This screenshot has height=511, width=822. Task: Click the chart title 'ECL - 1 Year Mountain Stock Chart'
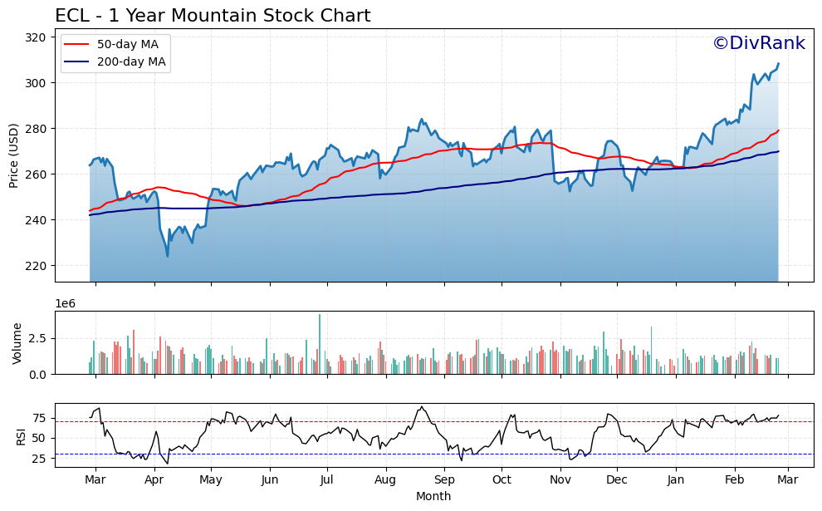(x=213, y=16)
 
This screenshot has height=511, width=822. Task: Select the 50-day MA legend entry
(x=115, y=44)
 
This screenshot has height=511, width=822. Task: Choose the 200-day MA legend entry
(x=115, y=62)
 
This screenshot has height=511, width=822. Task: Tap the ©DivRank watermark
(x=758, y=43)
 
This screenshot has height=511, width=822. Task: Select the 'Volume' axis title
(x=17, y=343)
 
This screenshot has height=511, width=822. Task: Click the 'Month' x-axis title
(x=433, y=497)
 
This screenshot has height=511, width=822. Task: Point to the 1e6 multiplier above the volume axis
(x=66, y=304)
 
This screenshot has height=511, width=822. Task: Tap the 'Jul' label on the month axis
(x=327, y=480)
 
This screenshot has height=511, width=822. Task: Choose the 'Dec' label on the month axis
(x=616, y=480)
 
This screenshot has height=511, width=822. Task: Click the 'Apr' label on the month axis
(x=154, y=480)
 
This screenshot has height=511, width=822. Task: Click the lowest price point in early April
(x=168, y=255)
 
